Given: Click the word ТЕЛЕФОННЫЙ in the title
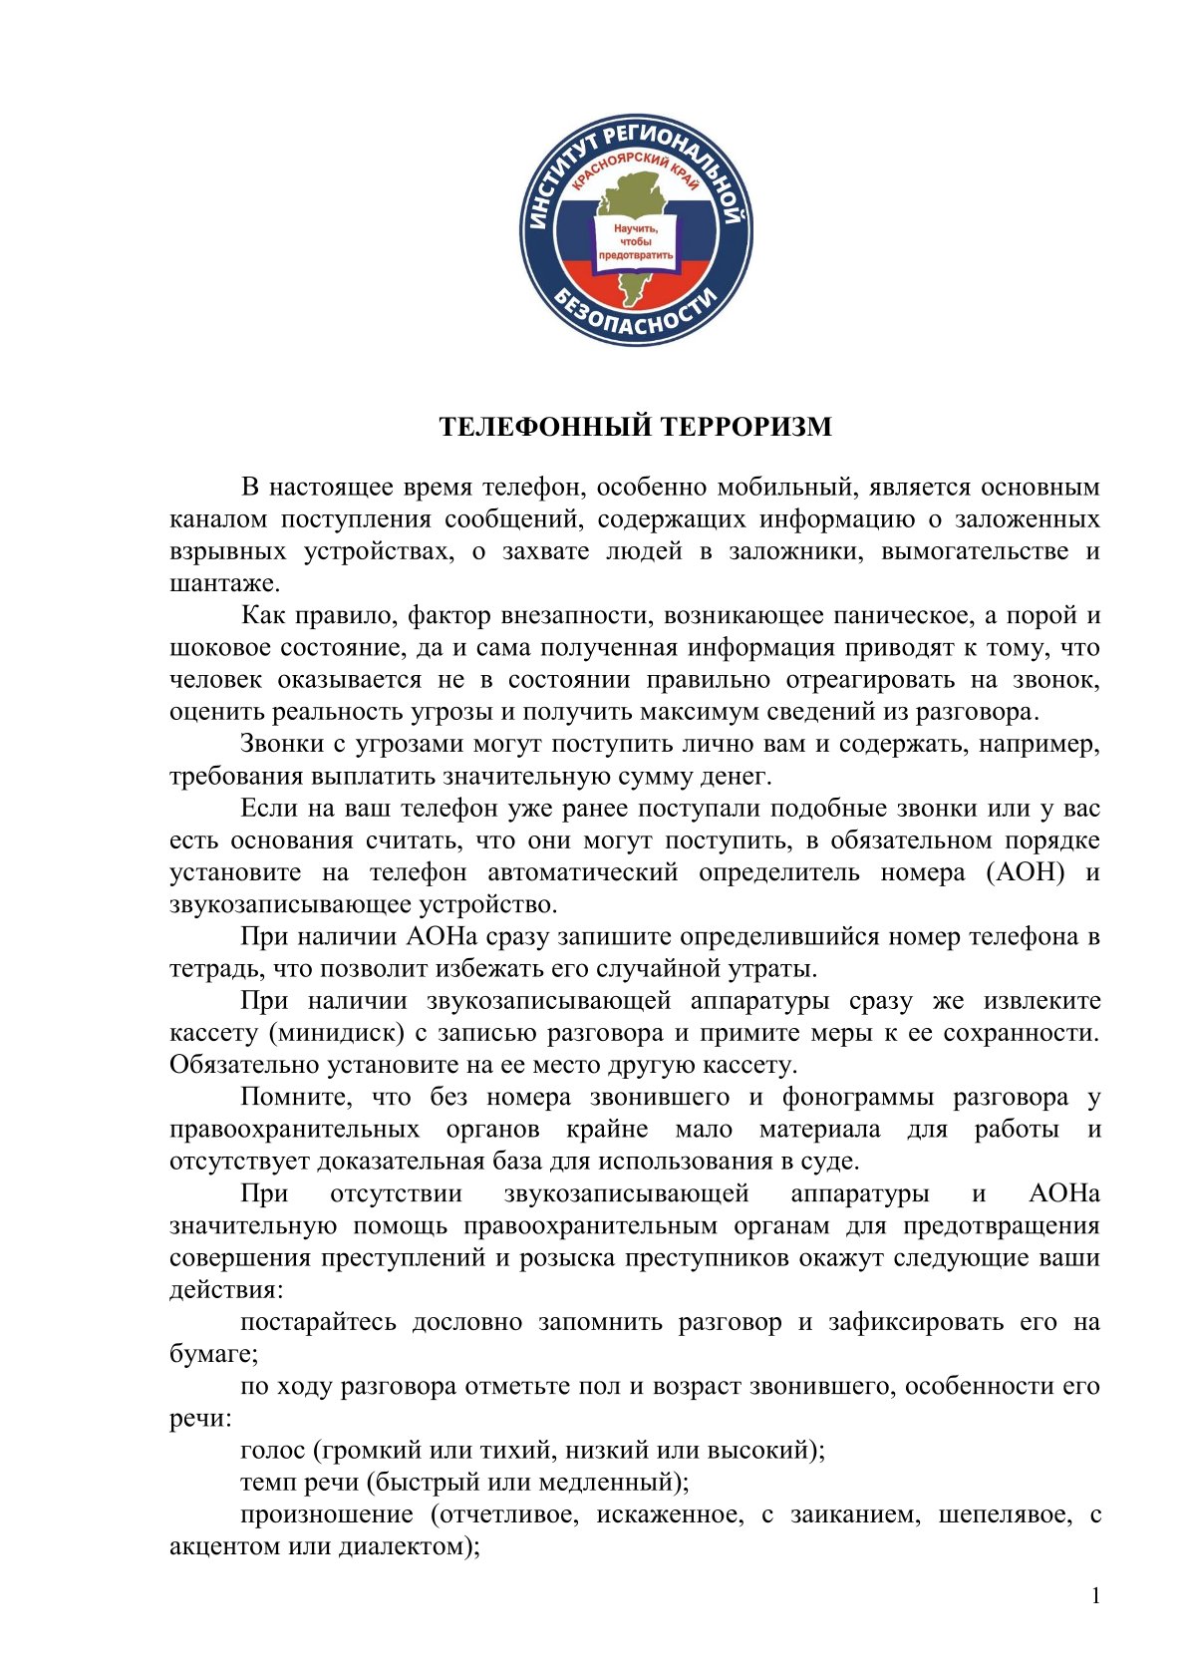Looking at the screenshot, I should tap(533, 427).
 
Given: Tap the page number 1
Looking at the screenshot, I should tap(1095, 1596).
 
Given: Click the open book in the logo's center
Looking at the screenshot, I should tap(635, 241).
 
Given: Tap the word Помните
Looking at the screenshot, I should tap(297, 1098).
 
